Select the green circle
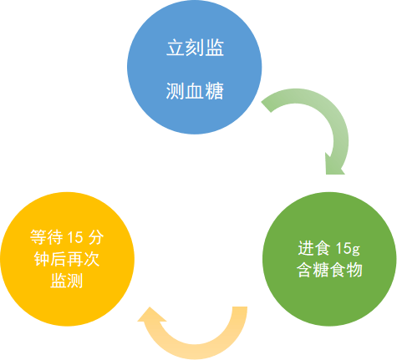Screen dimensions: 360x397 (328, 259)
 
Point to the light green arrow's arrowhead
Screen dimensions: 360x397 (333, 163)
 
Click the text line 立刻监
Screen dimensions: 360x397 (194, 48)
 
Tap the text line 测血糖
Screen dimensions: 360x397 (194, 88)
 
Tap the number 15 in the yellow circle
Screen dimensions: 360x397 (77, 236)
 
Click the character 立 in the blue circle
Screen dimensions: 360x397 (174, 48)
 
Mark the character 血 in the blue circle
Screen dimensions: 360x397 (194, 88)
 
